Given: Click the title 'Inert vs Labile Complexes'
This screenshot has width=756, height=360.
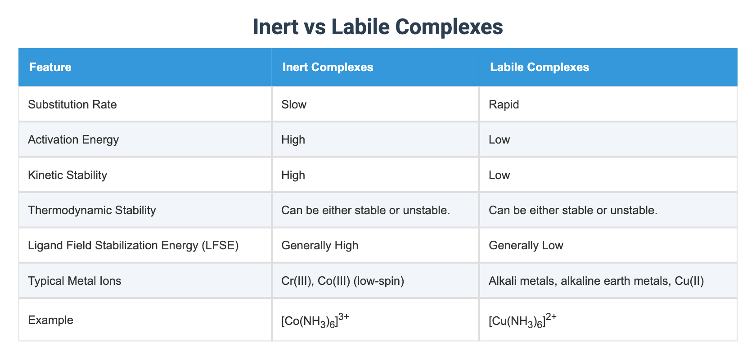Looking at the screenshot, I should click(378, 27).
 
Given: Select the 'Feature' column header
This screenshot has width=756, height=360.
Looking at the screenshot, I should click(50, 67).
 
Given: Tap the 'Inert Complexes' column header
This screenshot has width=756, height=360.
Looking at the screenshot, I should click(328, 67).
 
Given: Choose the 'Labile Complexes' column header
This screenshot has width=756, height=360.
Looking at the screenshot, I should click(539, 67).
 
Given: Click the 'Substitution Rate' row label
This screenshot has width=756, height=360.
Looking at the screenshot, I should click(72, 104).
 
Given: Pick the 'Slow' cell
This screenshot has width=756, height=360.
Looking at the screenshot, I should click(293, 104).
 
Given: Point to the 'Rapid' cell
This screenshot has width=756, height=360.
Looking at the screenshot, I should click(504, 104).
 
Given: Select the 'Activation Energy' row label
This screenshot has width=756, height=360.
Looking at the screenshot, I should click(73, 139).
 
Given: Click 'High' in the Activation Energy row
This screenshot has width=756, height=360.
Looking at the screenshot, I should click(293, 139).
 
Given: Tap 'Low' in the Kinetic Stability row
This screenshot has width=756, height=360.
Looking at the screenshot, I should click(499, 175).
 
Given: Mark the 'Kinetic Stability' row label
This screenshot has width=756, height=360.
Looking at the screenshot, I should click(67, 175).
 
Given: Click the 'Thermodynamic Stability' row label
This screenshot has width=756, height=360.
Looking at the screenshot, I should click(92, 210).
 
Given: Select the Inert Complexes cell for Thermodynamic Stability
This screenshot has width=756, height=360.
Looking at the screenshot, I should click(365, 210).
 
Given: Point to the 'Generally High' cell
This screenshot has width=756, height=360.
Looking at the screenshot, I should click(319, 245).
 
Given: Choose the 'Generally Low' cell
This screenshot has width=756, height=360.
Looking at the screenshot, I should click(526, 245).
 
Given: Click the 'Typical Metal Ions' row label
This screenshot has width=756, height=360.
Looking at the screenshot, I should click(75, 281).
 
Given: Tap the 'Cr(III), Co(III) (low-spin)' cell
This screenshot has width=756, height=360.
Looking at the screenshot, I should click(342, 281).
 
